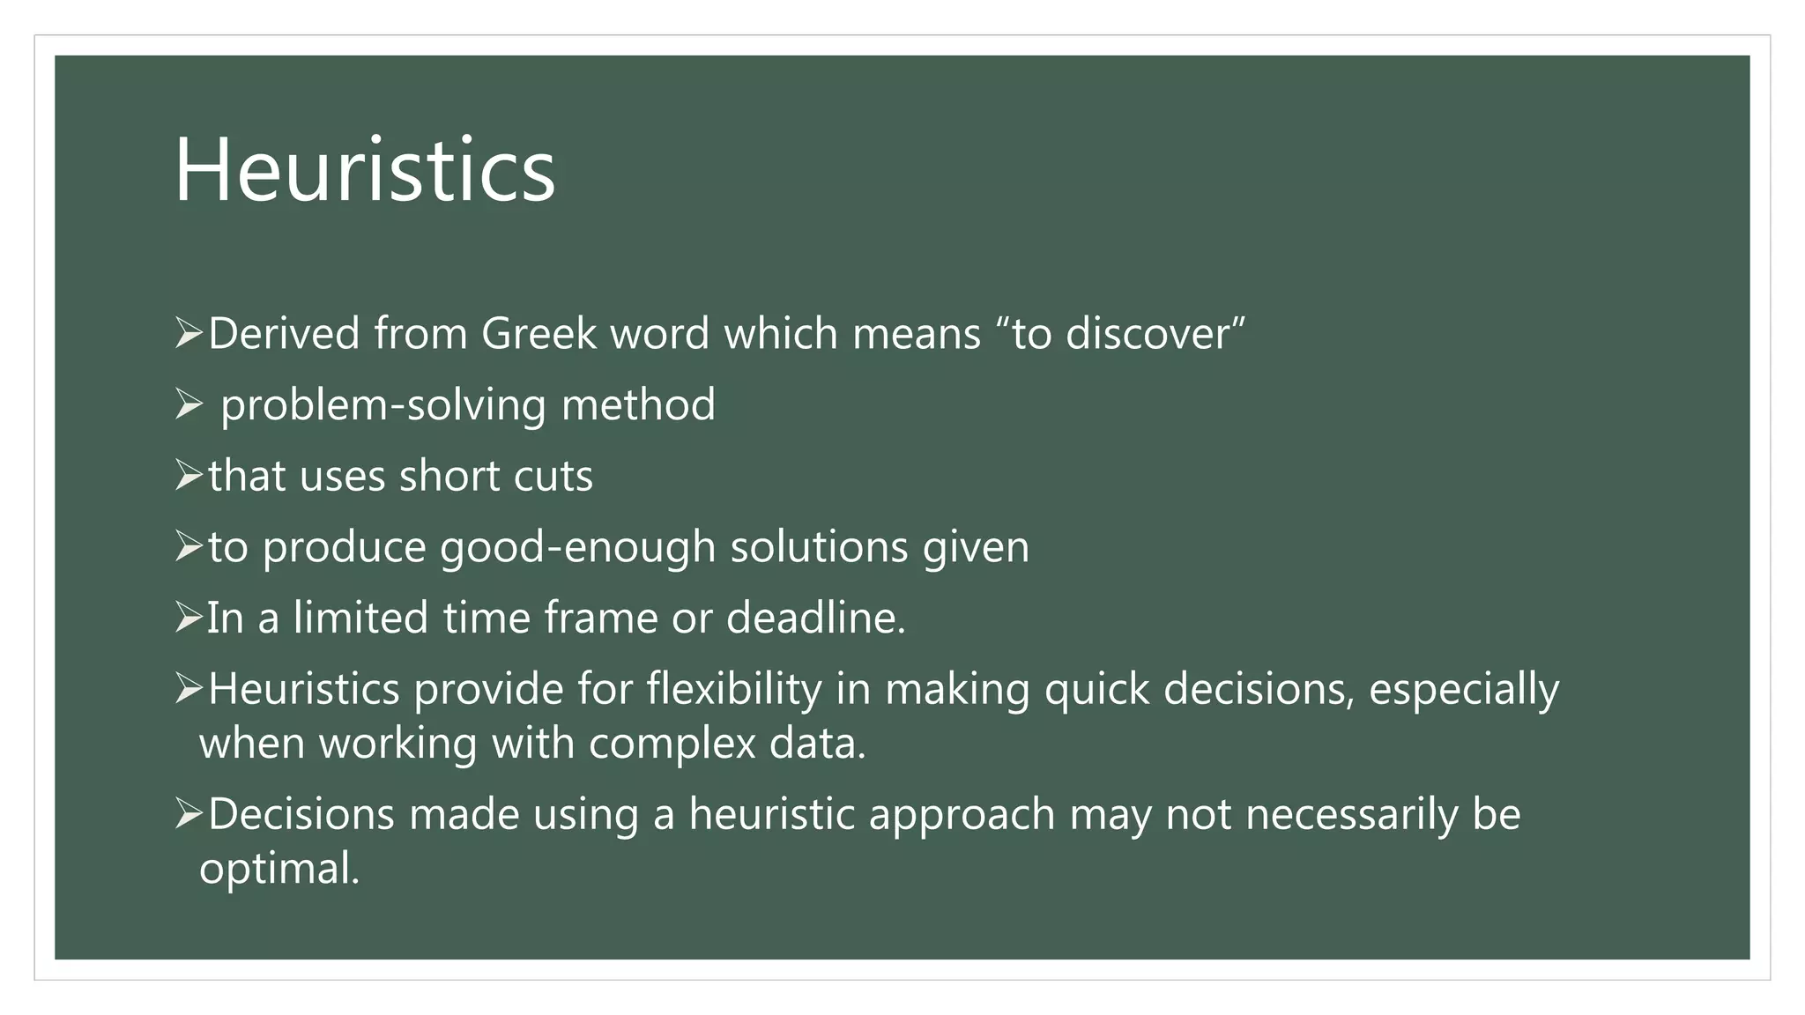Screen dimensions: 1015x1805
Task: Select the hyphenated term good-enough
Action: tap(577, 548)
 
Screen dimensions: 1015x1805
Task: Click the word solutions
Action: tap(819, 547)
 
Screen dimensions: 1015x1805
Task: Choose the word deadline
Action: tap(815, 618)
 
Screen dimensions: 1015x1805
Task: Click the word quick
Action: tap(1096, 689)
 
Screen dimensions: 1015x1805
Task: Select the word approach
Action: tap(962, 814)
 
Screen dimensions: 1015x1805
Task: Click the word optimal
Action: tap(279, 869)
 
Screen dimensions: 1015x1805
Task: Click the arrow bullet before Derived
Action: tap(189, 334)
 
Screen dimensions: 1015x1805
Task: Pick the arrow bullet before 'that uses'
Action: tap(189, 476)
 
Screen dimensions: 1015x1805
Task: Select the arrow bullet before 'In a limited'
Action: tap(189, 618)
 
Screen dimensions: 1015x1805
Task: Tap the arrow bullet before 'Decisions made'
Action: tap(189, 814)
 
